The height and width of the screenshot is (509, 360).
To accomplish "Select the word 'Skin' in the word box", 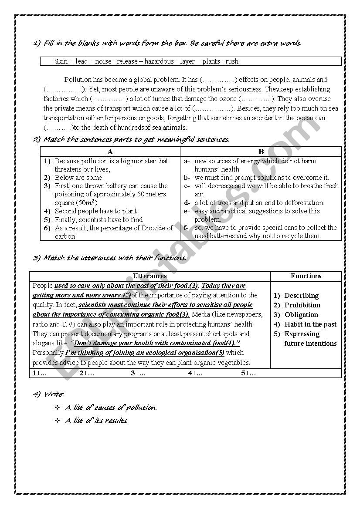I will [61, 61].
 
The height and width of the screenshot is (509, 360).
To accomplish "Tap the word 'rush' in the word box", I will [232, 61].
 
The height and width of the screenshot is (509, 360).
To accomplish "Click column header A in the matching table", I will [110, 152].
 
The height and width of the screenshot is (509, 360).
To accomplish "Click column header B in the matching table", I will [261, 152].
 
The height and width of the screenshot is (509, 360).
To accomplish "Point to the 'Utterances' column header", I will [149, 276].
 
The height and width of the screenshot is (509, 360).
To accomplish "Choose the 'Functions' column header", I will [306, 276].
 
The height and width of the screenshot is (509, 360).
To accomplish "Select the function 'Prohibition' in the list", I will [302, 305].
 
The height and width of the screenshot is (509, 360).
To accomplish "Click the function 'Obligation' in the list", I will [301, 315].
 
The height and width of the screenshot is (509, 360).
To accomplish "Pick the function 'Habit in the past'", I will [310, 324].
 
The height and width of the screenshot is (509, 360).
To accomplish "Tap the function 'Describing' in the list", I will [301, 296].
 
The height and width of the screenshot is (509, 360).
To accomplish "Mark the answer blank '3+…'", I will [138, 373].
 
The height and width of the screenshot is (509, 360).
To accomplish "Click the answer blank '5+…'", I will [248, 373].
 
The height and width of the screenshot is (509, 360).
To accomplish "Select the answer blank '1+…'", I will [40, 373].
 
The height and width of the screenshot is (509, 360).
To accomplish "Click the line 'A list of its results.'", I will [96, 421].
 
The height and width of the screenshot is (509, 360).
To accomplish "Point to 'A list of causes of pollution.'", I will [111, 408].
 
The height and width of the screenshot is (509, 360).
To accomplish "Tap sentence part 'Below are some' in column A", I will [78, 178].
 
